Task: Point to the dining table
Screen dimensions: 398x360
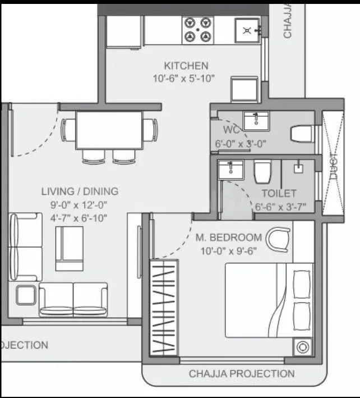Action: tap(109, 130)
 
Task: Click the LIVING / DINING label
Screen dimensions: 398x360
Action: tap(80, 192)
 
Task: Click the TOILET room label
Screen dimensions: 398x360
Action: tap(279, 194)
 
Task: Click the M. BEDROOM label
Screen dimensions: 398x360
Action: tap(228, 237)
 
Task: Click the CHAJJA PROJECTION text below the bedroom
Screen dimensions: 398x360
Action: tap(242, 374)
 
